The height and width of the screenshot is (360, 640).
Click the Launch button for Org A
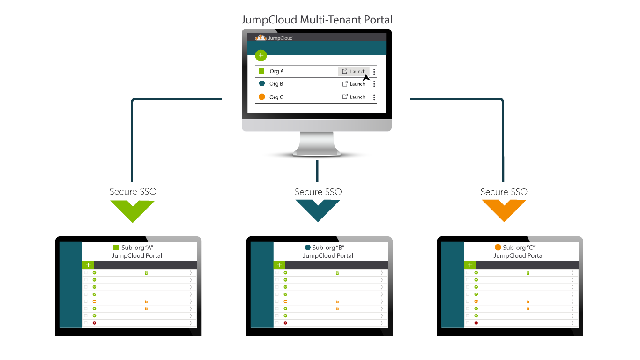354,71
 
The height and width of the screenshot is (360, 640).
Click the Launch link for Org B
354,84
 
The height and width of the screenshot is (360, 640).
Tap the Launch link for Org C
354,97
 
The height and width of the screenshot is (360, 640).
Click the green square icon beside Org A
261,71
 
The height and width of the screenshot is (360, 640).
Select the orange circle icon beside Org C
261,97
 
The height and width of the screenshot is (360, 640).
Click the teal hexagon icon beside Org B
261,84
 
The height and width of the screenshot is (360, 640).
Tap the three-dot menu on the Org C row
374,97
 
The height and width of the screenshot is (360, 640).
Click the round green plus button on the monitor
261,55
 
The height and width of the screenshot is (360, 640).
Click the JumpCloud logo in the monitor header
274,38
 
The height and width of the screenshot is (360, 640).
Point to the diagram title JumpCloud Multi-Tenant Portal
316,20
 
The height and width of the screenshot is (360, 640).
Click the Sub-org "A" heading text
137,247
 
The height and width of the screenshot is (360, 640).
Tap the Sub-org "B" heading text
328,247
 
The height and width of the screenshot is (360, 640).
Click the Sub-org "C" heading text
519,247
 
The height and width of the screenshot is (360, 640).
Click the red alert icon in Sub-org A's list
94,323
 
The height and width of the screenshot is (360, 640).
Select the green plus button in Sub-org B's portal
279,265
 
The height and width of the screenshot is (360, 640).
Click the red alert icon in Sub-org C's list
476,323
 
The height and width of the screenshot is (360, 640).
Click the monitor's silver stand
317,143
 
